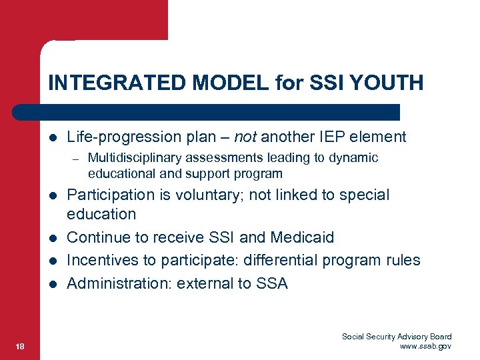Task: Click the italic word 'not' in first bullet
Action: [x=245, y=137]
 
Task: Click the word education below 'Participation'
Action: [x=101, y=214]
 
